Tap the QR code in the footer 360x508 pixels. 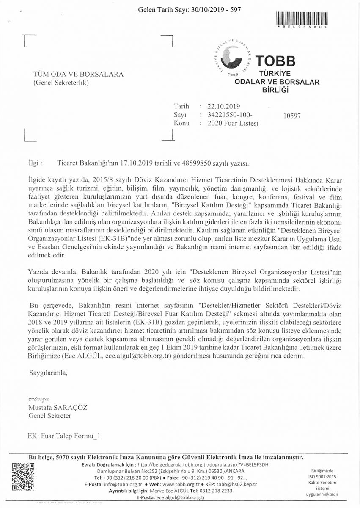pyautogui.click(x=22, y=476)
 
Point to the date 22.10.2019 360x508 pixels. pyautogui.click(x=224, y=107)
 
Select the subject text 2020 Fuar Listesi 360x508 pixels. pyautogui.click(x=233, y=124)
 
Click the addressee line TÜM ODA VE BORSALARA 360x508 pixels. pyautogui.click(x=78, y=75)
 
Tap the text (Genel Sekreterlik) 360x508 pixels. pyautogui.click(x=61, y=83)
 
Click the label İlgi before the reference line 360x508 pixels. pyautogui.click(x=33, y=162)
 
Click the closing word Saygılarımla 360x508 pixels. pyautogui.click(x=48, y=373)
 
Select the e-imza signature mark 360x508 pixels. pyautogui.click(x=38, y=399)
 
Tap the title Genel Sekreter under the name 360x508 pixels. pyautogui.click(x=49, y=416)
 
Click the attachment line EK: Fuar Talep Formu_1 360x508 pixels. pyautogui.click(x=63, y=435)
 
